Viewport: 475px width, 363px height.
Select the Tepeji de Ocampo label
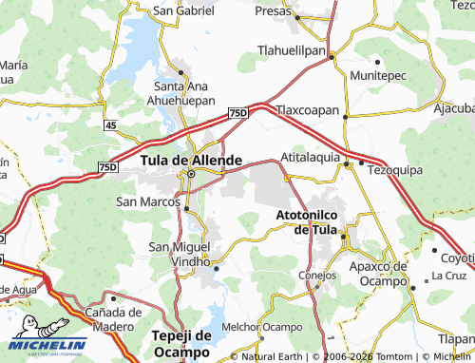click(180, 342)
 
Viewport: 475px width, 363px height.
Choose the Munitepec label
click(382, 74)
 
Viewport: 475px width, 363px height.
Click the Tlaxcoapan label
click(308, 110)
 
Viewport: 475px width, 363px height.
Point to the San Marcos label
click(147, 201)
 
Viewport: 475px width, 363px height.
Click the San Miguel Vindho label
click(179, 253)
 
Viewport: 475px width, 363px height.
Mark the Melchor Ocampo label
click(257, 327)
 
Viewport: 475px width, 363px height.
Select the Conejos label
click(317, 276)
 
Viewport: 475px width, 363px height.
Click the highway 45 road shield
click(111, 124)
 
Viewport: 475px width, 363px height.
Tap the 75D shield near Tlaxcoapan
click(237, 113)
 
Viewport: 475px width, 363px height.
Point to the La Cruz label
click(448, 276)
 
